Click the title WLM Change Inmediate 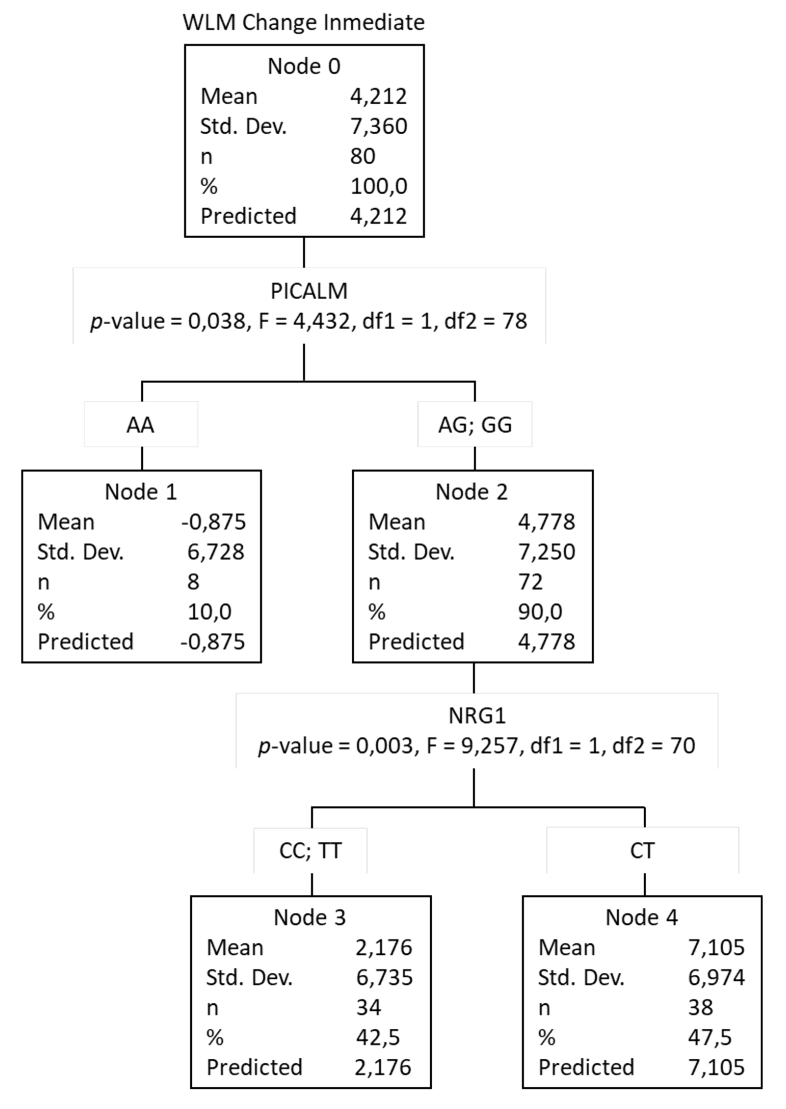point(304,23)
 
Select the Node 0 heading point(304,66)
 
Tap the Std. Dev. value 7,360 point(378,126)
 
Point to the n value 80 point(363,156)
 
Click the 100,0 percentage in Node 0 point(378,186)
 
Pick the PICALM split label point(309,291)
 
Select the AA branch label point(141,425)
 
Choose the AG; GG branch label point(475,425)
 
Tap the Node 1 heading point(141,492)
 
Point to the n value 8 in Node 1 point(194,581)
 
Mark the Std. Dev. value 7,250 point(547,552)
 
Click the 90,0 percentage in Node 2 point(540,612)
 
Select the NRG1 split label point(477,716)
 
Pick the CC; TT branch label point(310,851)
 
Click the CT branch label point(642,851)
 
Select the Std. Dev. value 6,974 point(717,978)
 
